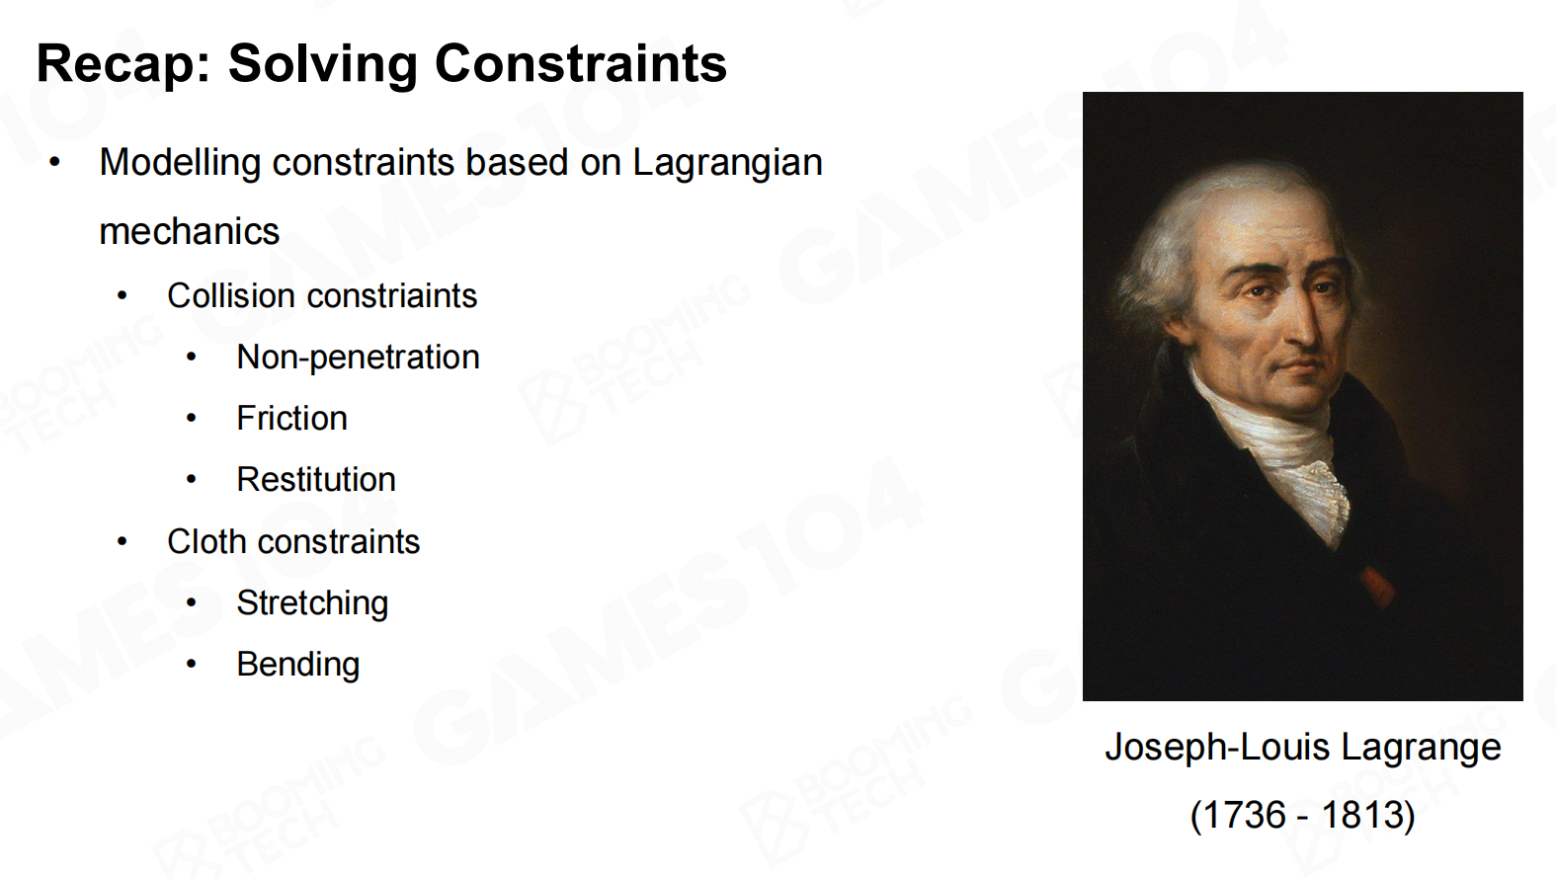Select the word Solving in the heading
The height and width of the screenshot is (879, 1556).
pyautogui.click(x=323, y=64)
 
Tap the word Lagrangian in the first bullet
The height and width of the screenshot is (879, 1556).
pyautogui.click(x=727, y=163)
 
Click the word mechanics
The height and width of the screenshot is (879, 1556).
pyautogui.click(x=189, y=231)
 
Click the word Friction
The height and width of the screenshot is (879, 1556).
pyautogui.click(x=291, y=419)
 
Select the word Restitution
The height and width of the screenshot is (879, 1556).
pyautogui.click(x=316, y=480)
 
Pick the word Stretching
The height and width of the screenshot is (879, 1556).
pyautogui.click(x=312, y=603)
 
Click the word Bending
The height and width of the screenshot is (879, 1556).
pyautogui.click(x=298, y=665)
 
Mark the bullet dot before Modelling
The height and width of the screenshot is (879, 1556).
pyautogui.click(x=55, y=163)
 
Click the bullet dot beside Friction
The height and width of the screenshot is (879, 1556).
pyautogui.click(x=192, y=419)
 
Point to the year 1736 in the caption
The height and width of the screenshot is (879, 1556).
pyautogui.click(x=1243, y=815)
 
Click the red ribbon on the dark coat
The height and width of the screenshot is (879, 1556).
pyautogui.click(x=1376, y=587)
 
